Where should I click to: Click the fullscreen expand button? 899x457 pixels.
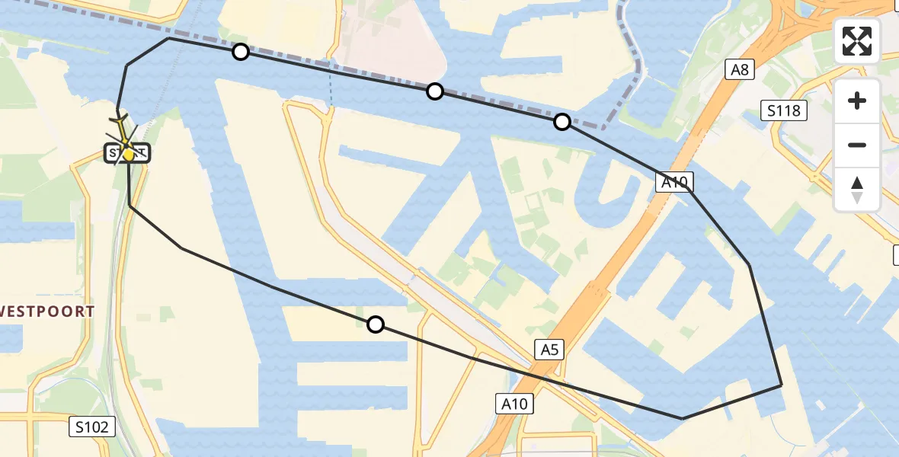pyautogui.click(x=857, y=41)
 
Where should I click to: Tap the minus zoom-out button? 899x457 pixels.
pyautogui.click(x=857, y=145)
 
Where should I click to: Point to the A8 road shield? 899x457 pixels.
pyautogui.click(x=740, y=71)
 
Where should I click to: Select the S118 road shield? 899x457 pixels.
pyautogui.click(x=784, y=111)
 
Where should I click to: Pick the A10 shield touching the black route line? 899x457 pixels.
pyautogui.click(x=674, y=182)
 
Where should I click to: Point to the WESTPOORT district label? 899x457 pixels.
pyautogui.click(x=47, y=312)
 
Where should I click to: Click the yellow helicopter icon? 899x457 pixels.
pyautogui.click(x=124, y=137)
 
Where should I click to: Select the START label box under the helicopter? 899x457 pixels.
pyautogui.click(x=127, y=153)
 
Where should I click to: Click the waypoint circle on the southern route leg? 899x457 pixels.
pyautogui.click(x=376, y=325)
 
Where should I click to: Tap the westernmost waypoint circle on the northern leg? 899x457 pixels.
pyautogui.click(x=241, y=52)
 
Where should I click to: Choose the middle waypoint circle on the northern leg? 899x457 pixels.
pyautogui.click(x=435, y=91)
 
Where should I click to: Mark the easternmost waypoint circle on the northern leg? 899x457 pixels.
pyautogui.click(x=562, y=122)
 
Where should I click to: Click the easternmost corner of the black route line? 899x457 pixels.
pyautogui.click(x=782, y=385)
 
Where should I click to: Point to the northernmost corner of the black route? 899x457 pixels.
pyautogui.click(x=168, y=38)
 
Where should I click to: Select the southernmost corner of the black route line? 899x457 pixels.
pyautogui.click(x=683, y=418)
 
